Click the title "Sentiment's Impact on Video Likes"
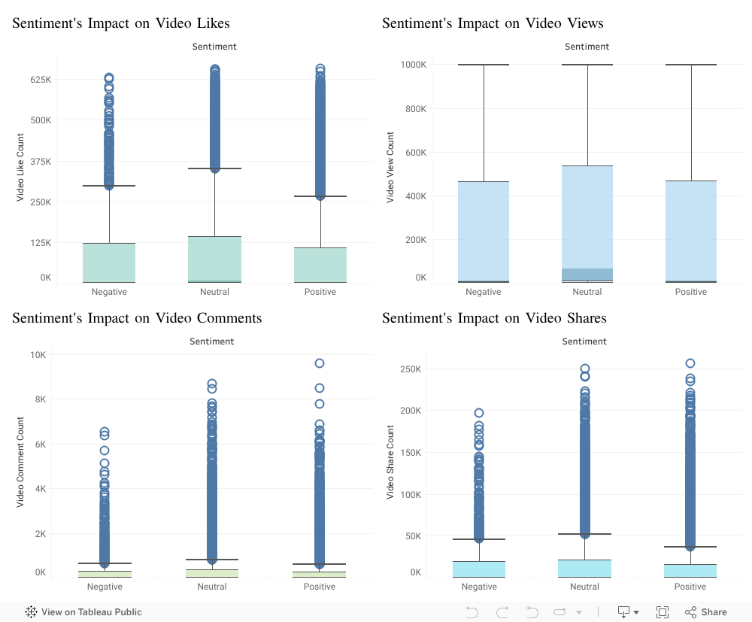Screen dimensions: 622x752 pos(121,23)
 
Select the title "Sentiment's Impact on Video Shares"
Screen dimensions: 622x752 pos(494,318)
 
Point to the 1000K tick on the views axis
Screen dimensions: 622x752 pos(413,65)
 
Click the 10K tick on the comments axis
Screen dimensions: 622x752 pos(38,355)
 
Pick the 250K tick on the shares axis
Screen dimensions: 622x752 pos(410,369)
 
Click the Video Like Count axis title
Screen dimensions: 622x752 pos(20,167)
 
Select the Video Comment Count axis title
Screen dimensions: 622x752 pos(20,462)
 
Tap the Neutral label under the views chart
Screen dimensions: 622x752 pos(587,292)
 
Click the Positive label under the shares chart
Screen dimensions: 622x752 pos(690,587)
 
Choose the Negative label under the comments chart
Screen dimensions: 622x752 pos(105,587)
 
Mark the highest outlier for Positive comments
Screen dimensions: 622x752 pos(320,363)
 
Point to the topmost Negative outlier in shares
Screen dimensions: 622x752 pos(479,413)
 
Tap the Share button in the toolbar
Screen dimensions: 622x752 pos(706,612)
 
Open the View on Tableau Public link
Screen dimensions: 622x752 pos(83,612)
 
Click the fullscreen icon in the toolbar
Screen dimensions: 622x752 pos(663,612)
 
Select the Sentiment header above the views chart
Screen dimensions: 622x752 pos(587,47)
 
